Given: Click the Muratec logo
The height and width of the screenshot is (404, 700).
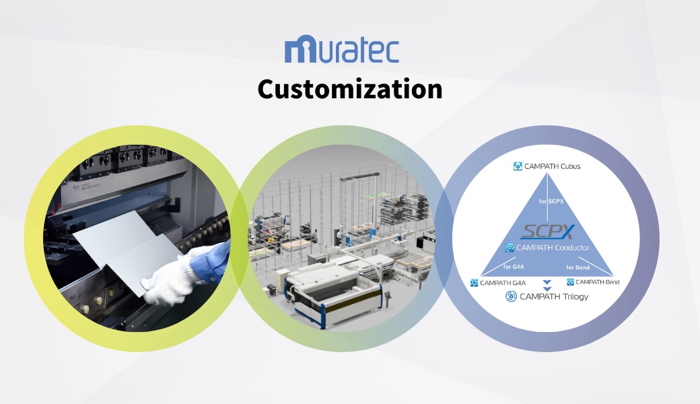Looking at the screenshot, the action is [x=341, y=49].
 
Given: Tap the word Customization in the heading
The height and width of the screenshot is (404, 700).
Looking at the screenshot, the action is [x=350, y=89].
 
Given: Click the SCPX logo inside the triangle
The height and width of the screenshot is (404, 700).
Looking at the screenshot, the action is [x=548, y=231].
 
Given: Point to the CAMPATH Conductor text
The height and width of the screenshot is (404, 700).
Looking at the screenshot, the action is [x=553, y=248].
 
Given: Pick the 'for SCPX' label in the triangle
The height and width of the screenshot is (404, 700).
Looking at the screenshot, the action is [x=551, y=201].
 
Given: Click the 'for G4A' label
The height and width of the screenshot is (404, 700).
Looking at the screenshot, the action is [x=514, y=267].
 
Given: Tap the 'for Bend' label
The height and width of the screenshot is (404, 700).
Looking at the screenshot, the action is [x=577, y=267].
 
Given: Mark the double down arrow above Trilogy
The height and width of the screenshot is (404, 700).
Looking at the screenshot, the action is [x=547, y=285].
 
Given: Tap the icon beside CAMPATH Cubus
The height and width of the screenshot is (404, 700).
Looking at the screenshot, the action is [x=518, y=166].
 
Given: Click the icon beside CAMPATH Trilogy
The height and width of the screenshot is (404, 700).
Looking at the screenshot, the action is [x=511, y=296].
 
